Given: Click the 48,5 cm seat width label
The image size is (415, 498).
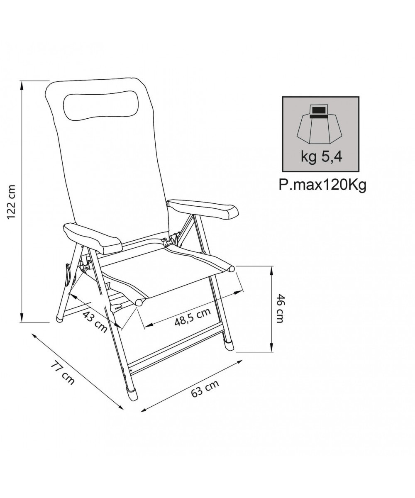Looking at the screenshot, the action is (193, 317).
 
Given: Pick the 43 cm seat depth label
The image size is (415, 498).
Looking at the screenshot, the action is (95, 322).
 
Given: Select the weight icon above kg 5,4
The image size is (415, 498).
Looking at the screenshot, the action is (320, 124).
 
